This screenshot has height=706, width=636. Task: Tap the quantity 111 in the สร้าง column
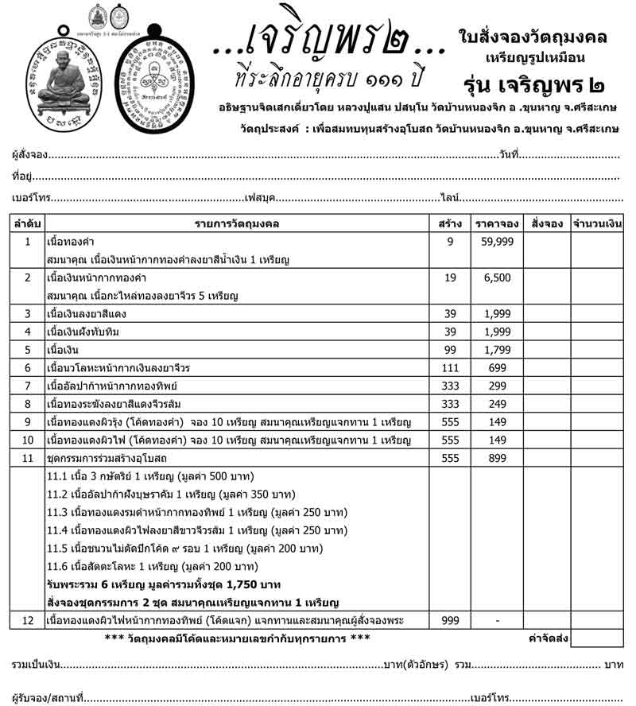tap(449, 367)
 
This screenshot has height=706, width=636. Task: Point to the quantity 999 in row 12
tap(449, 619)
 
